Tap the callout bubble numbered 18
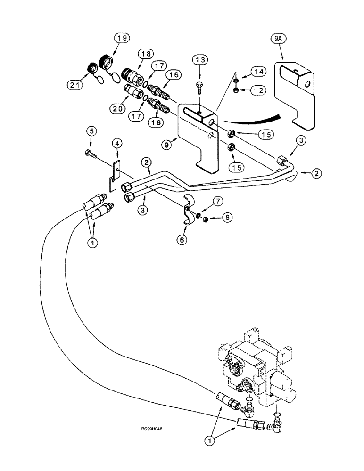click(145, 54)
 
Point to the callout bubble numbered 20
click(117, 108)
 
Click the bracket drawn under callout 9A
click(293, 99)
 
